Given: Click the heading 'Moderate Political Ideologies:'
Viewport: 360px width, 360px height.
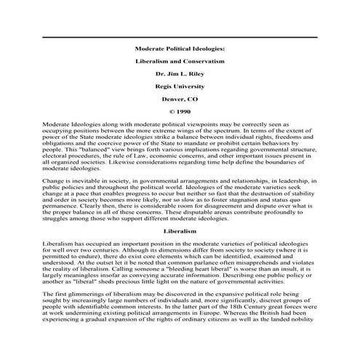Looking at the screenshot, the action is click(180, 49).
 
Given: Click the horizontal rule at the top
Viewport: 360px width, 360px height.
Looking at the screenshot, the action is click(180, 37).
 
